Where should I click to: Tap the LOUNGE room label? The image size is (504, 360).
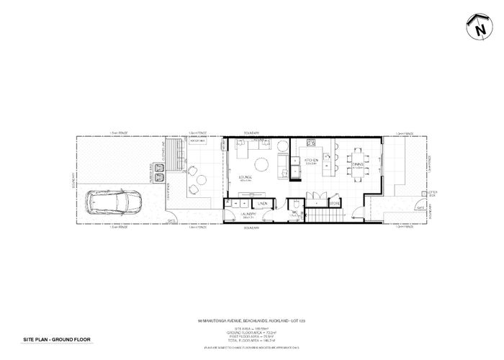coord(240,176)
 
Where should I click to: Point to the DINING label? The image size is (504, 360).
coord(358,164)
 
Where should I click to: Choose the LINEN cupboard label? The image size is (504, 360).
coord(263,204)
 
